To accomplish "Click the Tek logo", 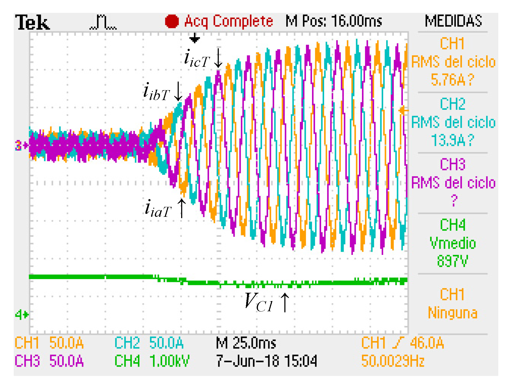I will pyautogui.click(x=32, y=23).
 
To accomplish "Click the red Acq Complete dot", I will pyautogui.click(x=172, y=21).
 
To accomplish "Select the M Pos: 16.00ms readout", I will pyautogui.click(x=334, y=21).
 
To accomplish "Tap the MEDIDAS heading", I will pyautogui.click(x=453, y=21).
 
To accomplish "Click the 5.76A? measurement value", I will pyautogui.click(x=453, y=80).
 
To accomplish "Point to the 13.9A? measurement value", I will pyautogui.click(x=453, y=140).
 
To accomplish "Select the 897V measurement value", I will pyautogui.click(x=453, y=261).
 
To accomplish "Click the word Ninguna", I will pyautogui.click(x=453, y=313).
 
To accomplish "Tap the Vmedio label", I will pyautogui.click(x=453, y=243).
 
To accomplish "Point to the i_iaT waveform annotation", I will pyautogui.click(x=158, y=208).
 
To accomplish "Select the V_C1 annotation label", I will pyautogui.click(x=259, y=302).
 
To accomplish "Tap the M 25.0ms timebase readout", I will pyautogui.click(x=246, y=343).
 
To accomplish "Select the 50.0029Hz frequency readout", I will pyautogui.click(x=393, y=361).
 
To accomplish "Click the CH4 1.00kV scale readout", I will pyautogui.click(x=152, y=361).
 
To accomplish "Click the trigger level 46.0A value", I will pyautogui.click(x=427, y=343).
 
